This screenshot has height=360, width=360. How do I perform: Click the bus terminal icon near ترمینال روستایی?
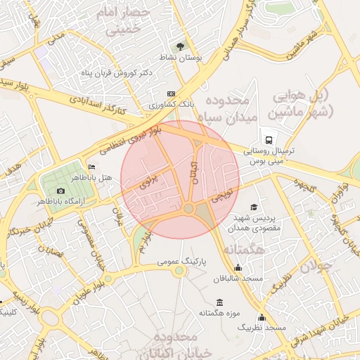[269, 139]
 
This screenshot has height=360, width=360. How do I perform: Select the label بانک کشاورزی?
[171, 104]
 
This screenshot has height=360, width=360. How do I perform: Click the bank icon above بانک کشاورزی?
[171, 94]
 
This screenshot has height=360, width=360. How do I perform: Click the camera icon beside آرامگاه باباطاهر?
[60, 191]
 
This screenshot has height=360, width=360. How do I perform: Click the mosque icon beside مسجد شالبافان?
[238, 268]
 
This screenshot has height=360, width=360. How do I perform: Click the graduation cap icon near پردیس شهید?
[253, 207]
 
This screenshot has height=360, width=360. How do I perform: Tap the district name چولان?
[314, 265]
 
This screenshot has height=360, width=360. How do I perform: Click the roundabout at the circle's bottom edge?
[188, 209]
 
